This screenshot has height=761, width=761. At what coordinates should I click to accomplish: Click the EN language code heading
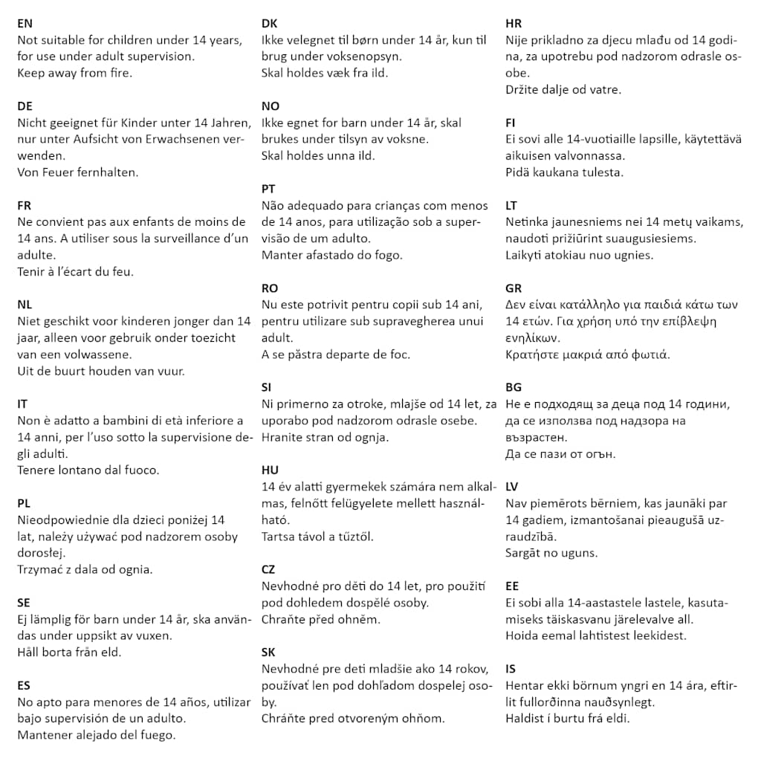coord(25,23)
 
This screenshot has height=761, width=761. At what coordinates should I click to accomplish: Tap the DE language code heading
coord(25,106)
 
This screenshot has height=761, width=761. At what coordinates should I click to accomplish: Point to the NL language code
coord(25,305)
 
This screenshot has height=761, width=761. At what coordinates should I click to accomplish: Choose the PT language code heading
coord(269,189)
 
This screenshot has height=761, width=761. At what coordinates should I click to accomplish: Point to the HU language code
coord(270,470)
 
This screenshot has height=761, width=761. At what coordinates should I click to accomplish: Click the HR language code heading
coord(514,23)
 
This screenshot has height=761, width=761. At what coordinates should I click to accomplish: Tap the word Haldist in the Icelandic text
coord(526,719)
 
